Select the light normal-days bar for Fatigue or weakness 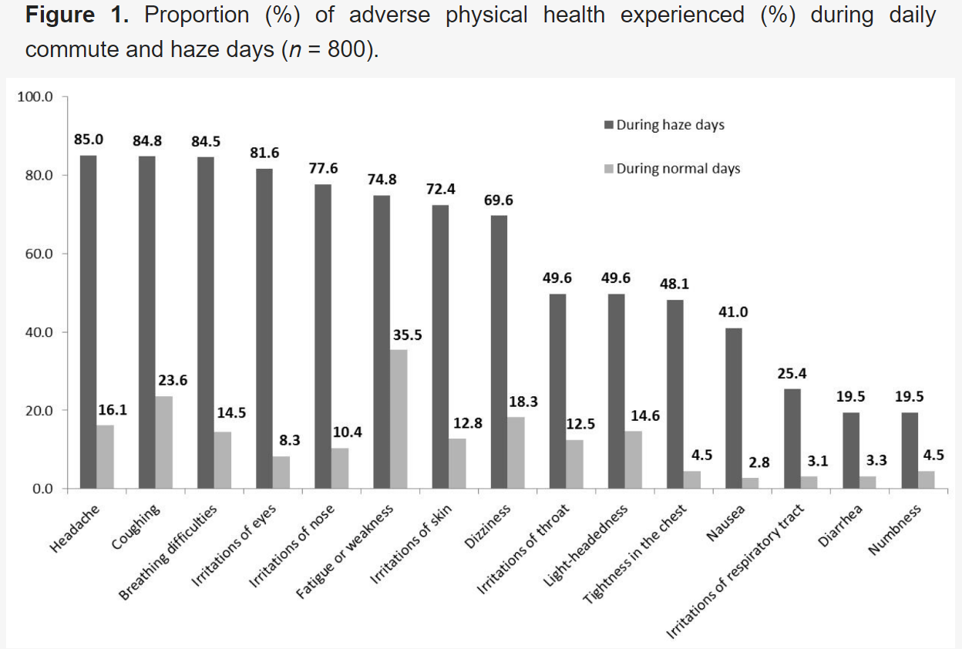(399, 419)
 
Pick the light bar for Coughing (164, 442)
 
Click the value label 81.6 (264, 152)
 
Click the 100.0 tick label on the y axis (35, 97)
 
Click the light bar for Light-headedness (633, 459)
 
